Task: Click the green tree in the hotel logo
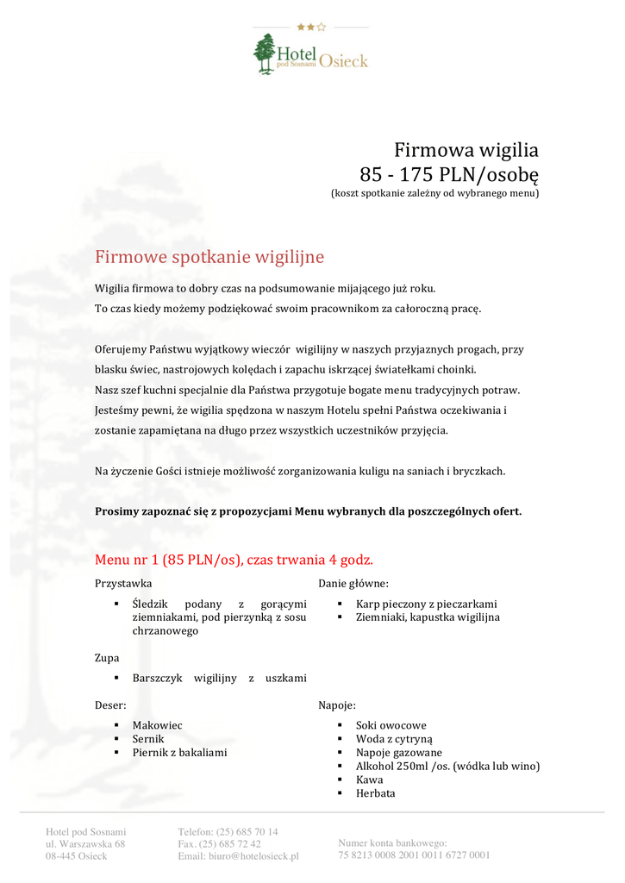(265, 53)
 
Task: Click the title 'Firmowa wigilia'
(466, 150)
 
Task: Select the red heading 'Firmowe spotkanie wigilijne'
(209, 257)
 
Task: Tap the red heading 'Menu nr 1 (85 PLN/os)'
(234, 559)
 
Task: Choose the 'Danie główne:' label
(353, 583)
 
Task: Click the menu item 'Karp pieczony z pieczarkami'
(426, 604)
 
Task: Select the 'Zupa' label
(107, 657)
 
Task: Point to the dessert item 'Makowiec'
(157, 725)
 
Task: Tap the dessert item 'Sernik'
(148, 739)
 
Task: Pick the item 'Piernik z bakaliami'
(179, 753)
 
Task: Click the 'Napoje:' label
(337, 705)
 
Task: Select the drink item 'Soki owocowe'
(391, 725)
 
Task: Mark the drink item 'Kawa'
(370, 780)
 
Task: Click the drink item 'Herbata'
(376, 793)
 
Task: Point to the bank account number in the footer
(414, 855)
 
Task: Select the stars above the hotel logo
(310, 27)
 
